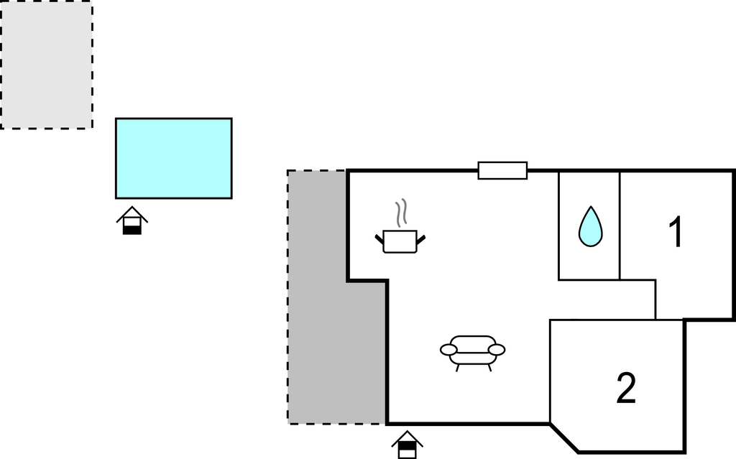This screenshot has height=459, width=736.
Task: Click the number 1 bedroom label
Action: point(676,233)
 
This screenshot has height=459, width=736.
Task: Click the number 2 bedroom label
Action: point(626,388)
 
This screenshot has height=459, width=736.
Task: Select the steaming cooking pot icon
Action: point(400,240)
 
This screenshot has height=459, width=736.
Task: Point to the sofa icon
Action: point(472,351)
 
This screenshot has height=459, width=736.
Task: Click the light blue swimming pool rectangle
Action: point(174,158)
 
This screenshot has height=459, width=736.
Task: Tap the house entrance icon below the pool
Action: point(132,221)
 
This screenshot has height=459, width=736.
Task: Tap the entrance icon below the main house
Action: point(407,445)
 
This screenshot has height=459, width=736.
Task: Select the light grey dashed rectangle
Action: point(47,65)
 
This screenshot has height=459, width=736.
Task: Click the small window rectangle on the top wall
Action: point(502,170)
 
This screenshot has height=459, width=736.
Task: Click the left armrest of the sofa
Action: point(449,350)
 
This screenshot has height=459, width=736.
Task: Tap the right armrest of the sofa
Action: point(496,350)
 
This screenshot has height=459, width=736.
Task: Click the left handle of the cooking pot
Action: point(379,238)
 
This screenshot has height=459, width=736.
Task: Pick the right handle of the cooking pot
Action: point(422,238)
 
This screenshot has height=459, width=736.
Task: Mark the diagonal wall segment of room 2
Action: point(564,437)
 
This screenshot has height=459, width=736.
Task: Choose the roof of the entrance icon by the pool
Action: point(132,213)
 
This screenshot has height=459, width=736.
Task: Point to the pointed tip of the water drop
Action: point(591,209)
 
